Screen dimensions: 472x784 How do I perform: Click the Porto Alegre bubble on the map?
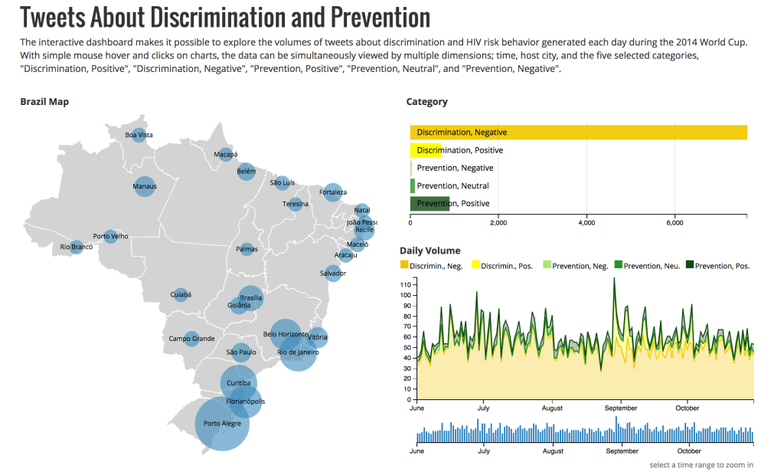coord(222,423)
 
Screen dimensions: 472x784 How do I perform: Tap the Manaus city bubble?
coord(145,186)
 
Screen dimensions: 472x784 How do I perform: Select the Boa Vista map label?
coord(139,135)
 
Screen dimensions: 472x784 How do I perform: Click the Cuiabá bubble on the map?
coord(181,294)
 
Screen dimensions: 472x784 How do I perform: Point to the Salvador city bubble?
coord(333,273)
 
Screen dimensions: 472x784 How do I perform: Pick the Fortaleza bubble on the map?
coord(332,192)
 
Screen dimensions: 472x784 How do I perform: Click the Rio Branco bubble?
coord(76,247)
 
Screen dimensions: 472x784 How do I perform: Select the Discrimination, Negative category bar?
coord(578,133)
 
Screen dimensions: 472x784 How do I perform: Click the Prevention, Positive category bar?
coord(430,204)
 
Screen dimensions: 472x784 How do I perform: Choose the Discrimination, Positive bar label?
coord(460,150)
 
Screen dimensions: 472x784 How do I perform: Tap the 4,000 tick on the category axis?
coord(586,223)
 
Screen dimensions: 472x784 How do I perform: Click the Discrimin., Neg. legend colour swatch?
coord(404,265)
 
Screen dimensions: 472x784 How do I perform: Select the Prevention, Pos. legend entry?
coord(718,266)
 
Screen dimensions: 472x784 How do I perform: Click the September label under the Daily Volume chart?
coord(622,408)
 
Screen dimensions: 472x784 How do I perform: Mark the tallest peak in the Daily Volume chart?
coord(614,278)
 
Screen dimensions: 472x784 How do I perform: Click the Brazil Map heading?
coord(44,102)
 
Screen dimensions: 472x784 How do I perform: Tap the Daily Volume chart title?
coord(430,251)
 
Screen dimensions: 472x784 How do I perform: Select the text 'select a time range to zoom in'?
coord(701,465)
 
